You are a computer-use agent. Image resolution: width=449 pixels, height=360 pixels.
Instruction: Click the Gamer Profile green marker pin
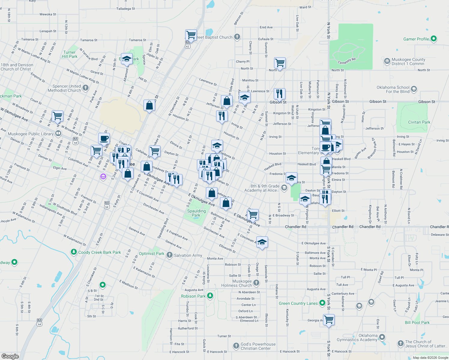click(433, 39)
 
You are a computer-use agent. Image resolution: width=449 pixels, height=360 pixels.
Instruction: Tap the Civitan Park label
click(419, 122)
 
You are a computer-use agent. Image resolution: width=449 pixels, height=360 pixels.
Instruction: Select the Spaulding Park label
click(196, 213)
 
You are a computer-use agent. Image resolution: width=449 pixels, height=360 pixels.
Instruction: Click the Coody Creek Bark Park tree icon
click(74, 252)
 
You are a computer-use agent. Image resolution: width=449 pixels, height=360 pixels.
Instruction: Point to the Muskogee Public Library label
click(31, 134)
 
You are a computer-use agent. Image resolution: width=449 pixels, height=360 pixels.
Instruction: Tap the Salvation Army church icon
click(169, 255)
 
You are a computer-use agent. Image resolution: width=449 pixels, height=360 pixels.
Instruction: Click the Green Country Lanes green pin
click(322, 303)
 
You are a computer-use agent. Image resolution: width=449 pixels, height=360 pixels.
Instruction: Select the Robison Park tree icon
click(210, 296)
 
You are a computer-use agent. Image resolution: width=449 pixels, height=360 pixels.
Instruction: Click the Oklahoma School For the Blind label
click(393, 89)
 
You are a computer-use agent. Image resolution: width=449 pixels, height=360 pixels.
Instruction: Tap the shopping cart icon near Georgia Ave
click(329, 320)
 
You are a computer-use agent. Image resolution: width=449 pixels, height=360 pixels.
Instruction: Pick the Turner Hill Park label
click(70, 54)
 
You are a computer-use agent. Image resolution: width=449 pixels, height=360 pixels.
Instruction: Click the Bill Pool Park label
click(417, 322)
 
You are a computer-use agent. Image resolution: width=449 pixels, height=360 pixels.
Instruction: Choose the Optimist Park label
click(151, 253)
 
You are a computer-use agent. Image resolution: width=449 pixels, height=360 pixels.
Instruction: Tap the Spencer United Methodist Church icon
click(86, 88)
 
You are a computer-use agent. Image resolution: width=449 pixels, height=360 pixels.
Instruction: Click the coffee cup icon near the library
click(104, 139)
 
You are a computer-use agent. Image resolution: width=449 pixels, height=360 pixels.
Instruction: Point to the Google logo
click(10, 356)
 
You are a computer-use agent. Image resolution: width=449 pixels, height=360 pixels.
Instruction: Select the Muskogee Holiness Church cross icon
click(256, 283)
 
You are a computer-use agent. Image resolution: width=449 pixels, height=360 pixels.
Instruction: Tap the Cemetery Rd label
click(346, 61)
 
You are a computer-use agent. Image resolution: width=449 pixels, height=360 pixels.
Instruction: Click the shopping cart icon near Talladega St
click(191, 35)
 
